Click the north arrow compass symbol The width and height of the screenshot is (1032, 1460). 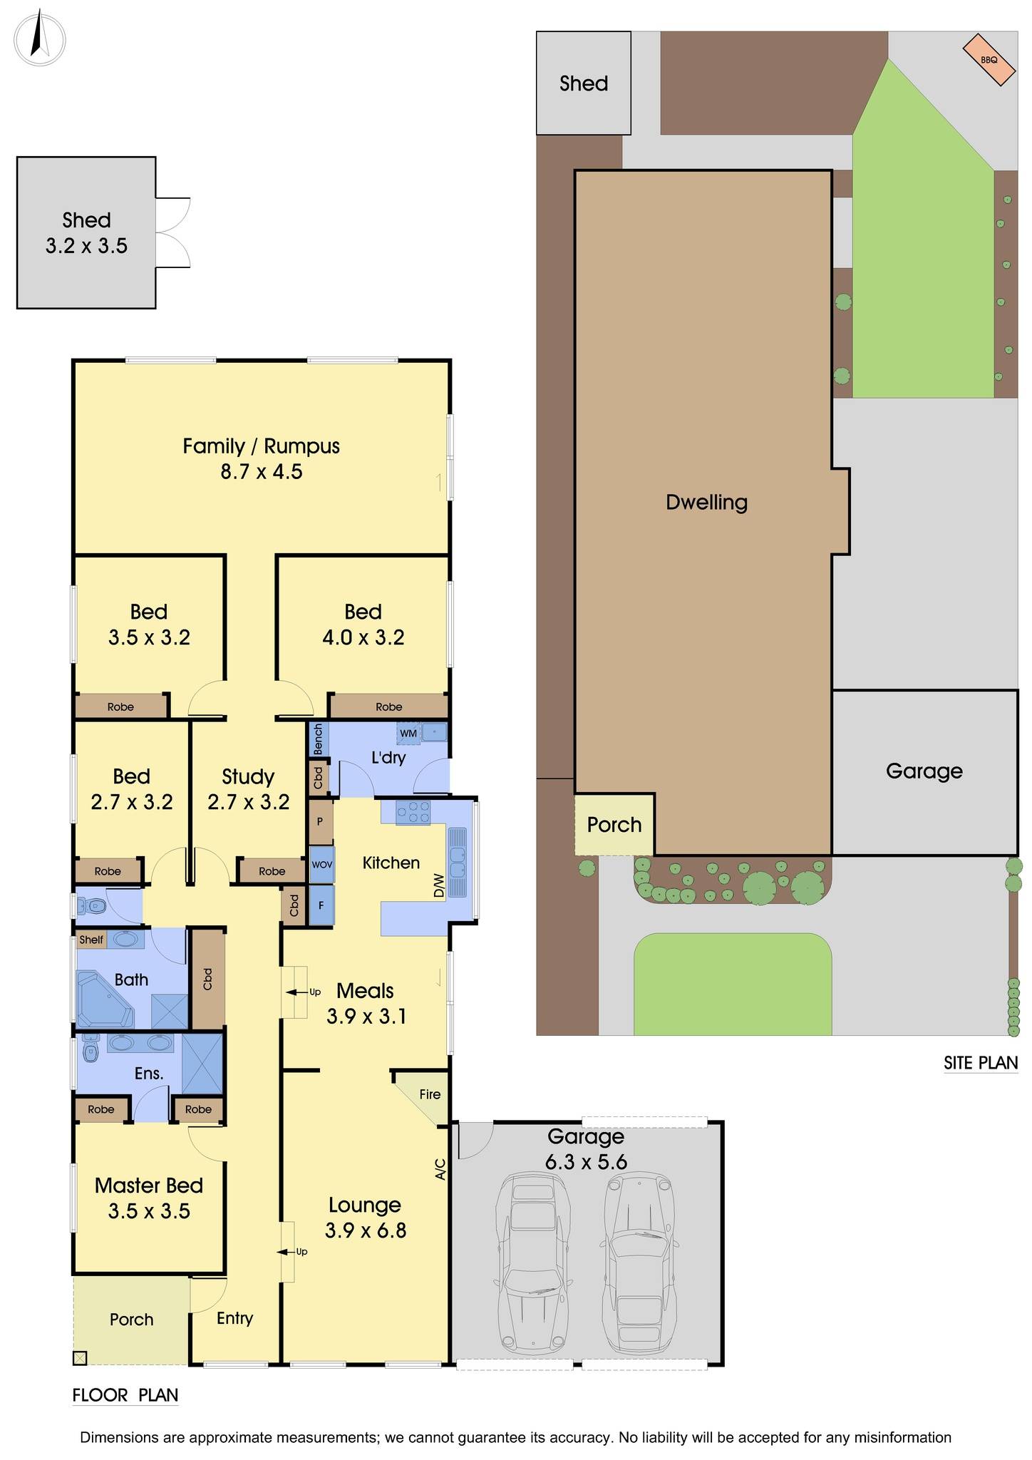tap(39, 38)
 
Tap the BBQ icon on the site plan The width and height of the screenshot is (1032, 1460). tap(989, 60)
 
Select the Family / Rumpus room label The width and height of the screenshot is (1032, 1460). tap(262, 458)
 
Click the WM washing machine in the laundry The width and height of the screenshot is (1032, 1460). tap(408, 733)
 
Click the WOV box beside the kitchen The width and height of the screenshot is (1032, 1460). tap(321, 864)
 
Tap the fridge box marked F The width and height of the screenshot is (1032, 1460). tap(321, 905)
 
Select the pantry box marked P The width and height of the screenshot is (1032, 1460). tap(320, 821)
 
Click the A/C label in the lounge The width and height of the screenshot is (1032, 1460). tap(440, 1169)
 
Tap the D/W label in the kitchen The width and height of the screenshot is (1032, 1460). tap(438, 886)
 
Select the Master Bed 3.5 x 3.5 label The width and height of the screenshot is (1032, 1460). tap(149, 1198)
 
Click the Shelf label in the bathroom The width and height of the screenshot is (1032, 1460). tap(91, 940)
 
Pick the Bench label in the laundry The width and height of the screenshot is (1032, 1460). tap(318, 739)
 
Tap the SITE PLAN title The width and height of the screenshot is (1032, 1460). tap(981, 1063)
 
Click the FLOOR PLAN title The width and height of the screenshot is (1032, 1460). tap(125, 1396)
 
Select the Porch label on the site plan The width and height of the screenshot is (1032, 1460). tap(614, 825)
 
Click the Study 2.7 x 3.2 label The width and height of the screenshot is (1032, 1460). tap(248, 789)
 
